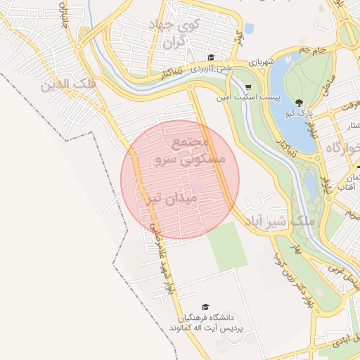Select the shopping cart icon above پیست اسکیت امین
(249, 86)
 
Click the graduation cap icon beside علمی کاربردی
(210, 58)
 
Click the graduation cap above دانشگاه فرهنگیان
(205, 307)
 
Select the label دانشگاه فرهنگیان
(205, 318)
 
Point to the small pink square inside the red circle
(198, 187)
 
